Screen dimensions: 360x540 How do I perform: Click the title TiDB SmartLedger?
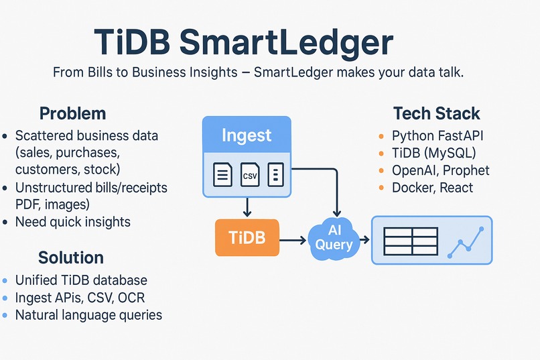243,42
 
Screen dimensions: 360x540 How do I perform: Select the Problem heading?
72,113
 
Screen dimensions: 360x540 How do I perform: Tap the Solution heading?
70,257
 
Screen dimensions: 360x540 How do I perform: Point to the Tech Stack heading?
436,113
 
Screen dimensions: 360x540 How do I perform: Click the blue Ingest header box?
247,135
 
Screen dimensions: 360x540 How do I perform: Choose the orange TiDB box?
247,237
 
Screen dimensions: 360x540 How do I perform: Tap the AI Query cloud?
334,239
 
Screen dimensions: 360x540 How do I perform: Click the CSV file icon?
249,176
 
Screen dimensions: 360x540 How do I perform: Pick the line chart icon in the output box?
467,243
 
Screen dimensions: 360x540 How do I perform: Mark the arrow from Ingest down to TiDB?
247,207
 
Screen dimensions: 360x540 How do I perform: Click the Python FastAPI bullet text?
437,135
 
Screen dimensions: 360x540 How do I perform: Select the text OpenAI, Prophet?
440,170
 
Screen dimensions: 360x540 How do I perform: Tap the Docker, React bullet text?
432,188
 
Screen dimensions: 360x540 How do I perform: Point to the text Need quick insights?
72,222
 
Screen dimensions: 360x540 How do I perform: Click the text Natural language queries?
88,314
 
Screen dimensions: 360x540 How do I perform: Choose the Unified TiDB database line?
81,280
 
